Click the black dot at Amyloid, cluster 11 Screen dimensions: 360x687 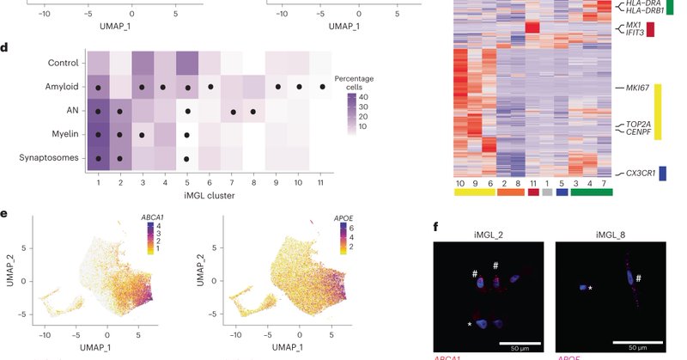[x=322, y=87]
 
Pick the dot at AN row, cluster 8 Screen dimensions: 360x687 [x=253, y=111]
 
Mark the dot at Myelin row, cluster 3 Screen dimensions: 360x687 [x=142, y=135]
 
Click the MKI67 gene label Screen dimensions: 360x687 [x=637, y=88]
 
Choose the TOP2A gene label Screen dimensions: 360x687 [x=636, y=124]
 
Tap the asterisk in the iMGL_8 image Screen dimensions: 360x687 [x=591, y=288]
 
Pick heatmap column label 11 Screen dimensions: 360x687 [x=533, y=182]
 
